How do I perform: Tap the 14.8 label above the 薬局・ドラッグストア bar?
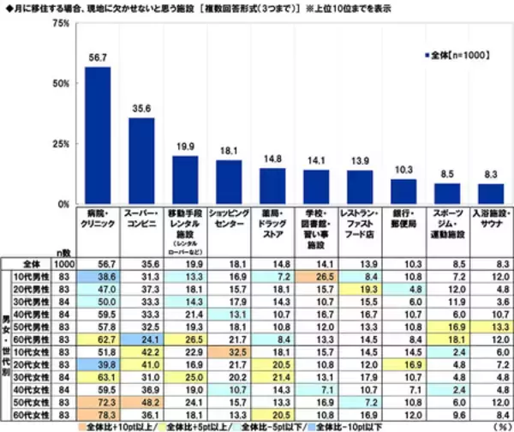tap(272, 159)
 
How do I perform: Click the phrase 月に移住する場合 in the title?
tap(44, 7)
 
